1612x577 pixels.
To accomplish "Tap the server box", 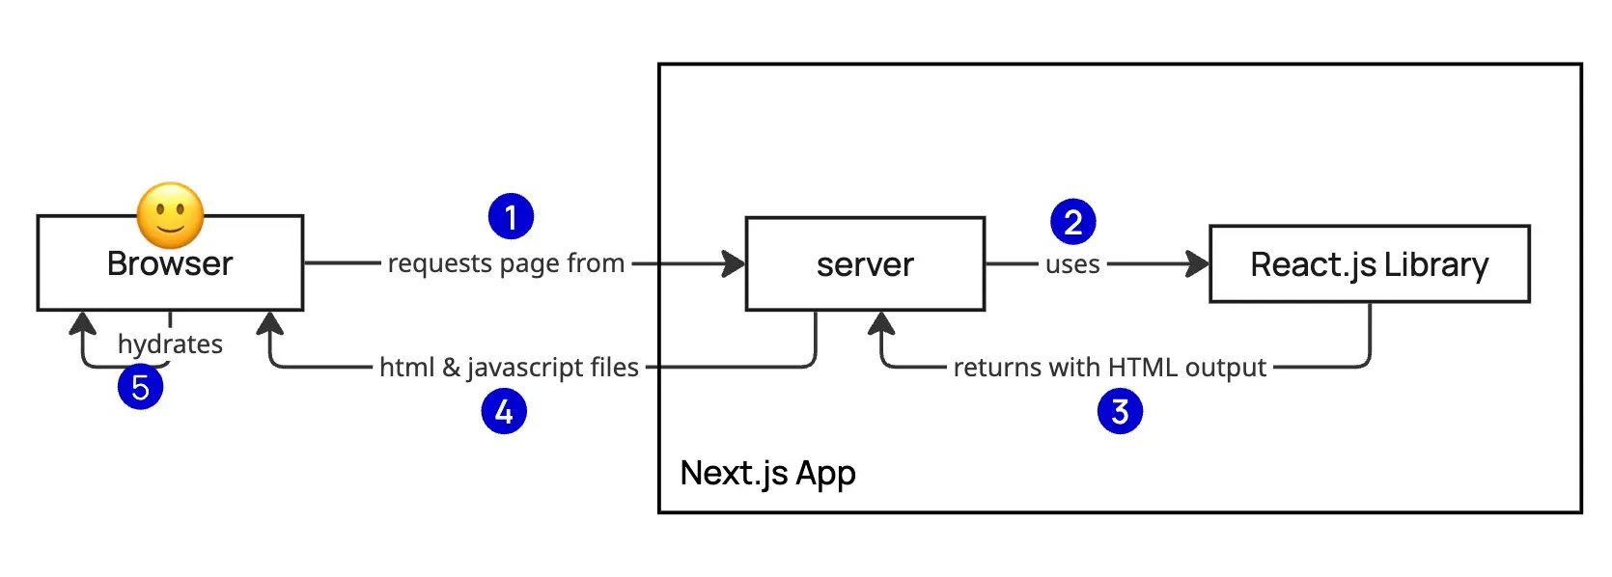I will point(865,264).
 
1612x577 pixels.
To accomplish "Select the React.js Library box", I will point(1369,264).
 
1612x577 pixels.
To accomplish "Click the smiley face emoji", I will point(171,215).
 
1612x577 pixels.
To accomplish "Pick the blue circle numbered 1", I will point(511,216).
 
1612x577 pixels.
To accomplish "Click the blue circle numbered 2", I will point(1072,222).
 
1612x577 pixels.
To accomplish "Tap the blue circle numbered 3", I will point(1120,411).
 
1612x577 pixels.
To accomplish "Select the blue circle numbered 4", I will point(504,411).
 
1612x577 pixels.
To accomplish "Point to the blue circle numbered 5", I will point(140,387).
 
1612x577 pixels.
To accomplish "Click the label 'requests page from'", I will point(506,263).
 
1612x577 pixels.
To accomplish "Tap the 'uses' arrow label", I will point(1072,264).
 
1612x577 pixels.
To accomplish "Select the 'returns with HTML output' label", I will point(1109,368).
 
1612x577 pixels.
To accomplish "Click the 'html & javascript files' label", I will point(509,368).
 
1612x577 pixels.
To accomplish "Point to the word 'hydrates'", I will point(170,344).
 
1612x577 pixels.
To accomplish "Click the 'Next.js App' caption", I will point(767,473).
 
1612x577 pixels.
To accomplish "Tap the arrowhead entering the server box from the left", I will point(736,263).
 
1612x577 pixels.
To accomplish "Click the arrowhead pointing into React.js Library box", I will point(1199,263).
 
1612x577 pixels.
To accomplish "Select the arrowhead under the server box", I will point(880,323).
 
